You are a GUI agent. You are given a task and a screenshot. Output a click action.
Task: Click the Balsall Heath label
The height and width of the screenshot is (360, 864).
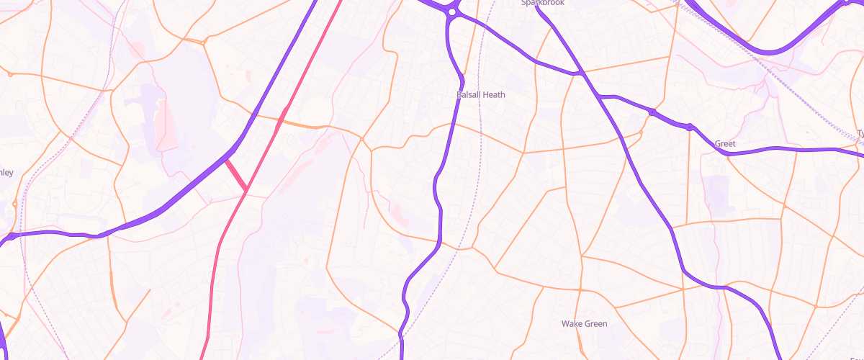(x=481, y=94)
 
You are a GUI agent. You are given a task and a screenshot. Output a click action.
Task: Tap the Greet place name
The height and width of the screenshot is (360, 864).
(x=725, y=144)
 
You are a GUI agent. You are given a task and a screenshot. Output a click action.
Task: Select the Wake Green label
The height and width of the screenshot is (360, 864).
(x=584, y=324)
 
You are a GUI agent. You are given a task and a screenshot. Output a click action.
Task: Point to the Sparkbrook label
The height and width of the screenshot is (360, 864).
(x=543, y=3)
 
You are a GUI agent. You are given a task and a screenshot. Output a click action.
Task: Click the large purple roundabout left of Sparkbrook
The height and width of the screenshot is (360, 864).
(x=451, y=12)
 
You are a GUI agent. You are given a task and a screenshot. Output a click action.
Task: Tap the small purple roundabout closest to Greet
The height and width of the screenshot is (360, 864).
(x=689, y=127)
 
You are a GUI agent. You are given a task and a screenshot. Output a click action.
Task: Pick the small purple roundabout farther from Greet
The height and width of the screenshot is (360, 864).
(x=651, y=112)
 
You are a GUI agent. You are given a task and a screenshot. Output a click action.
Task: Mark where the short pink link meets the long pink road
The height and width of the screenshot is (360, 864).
(x=246, y=190)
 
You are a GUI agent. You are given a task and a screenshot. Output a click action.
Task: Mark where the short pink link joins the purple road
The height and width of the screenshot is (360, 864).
(x=225, y=159)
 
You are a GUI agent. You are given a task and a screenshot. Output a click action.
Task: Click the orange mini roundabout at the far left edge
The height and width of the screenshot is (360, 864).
(x=10, y=73)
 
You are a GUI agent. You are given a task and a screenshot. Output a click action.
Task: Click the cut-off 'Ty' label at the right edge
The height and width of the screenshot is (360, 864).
(x=860, y=133)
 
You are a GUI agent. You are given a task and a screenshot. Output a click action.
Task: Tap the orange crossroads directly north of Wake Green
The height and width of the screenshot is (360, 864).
(x=580, y=289)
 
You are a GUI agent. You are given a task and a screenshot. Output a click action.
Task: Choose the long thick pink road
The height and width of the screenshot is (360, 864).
(x=216, y=259)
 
